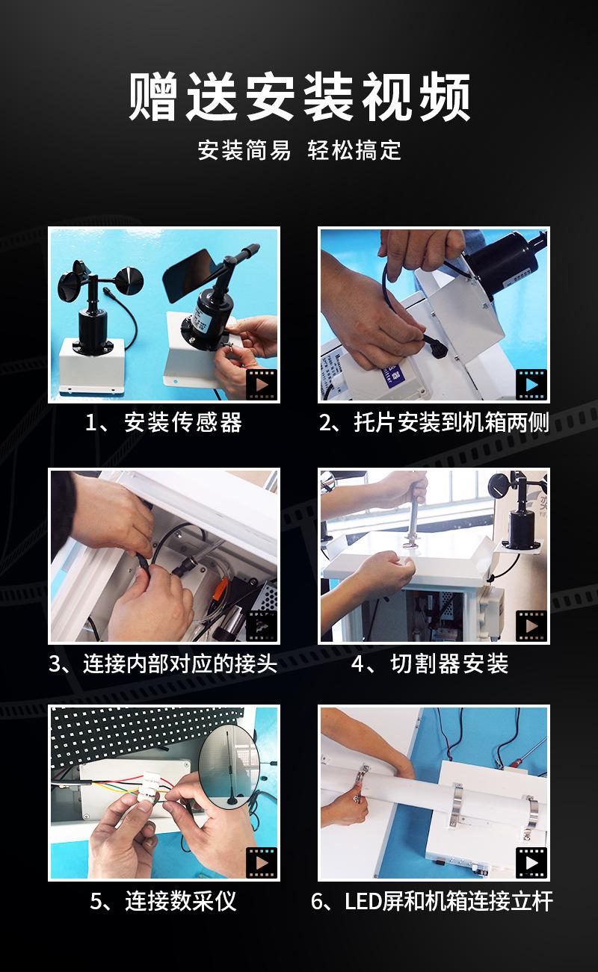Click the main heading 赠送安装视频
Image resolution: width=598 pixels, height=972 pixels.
click(x=299, y=96)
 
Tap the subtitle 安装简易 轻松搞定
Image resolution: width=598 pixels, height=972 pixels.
click(x=299, y=150)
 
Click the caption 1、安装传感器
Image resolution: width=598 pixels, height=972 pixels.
click(x=163, y=422)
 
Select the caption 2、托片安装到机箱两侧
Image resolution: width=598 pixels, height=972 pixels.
click(x=434, y=422)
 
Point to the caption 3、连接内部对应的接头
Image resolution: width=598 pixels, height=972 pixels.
click(x=163, y=663)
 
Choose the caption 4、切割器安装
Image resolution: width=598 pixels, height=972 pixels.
click(x=430, y=663)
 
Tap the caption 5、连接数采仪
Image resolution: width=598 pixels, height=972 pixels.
click(x=163, y=901)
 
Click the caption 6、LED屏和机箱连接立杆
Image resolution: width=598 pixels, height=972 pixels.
click(x=432, y=901)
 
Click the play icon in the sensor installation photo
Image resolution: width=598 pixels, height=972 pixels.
click(x=262, y=385)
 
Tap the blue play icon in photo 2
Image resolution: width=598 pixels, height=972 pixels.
click(x=531, y=385)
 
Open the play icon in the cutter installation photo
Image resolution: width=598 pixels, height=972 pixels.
click(x=531, y=626)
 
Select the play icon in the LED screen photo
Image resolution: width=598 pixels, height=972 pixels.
click(x=531, y=863)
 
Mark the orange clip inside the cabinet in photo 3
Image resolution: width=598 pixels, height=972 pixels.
click(x=219, y=589)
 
